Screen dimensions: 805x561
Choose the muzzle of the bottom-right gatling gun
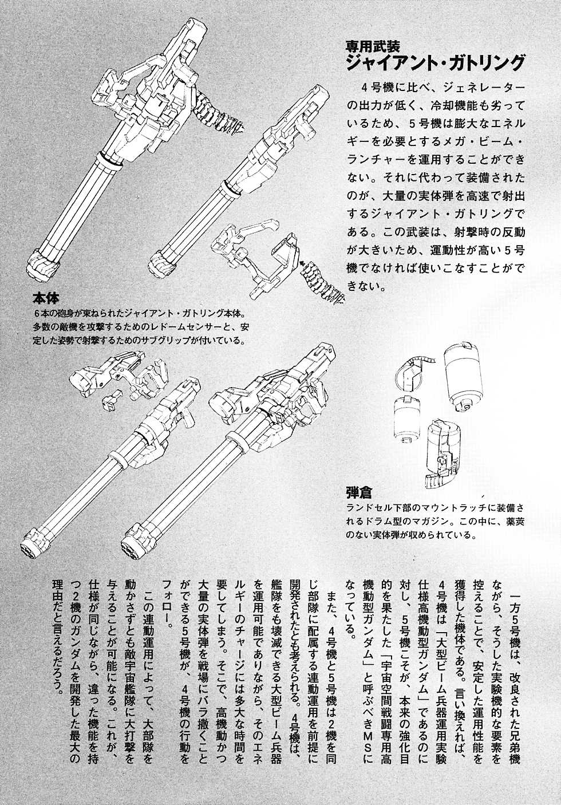[x=136, y=544]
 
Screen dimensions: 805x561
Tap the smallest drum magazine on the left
[x=406, y=419]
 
